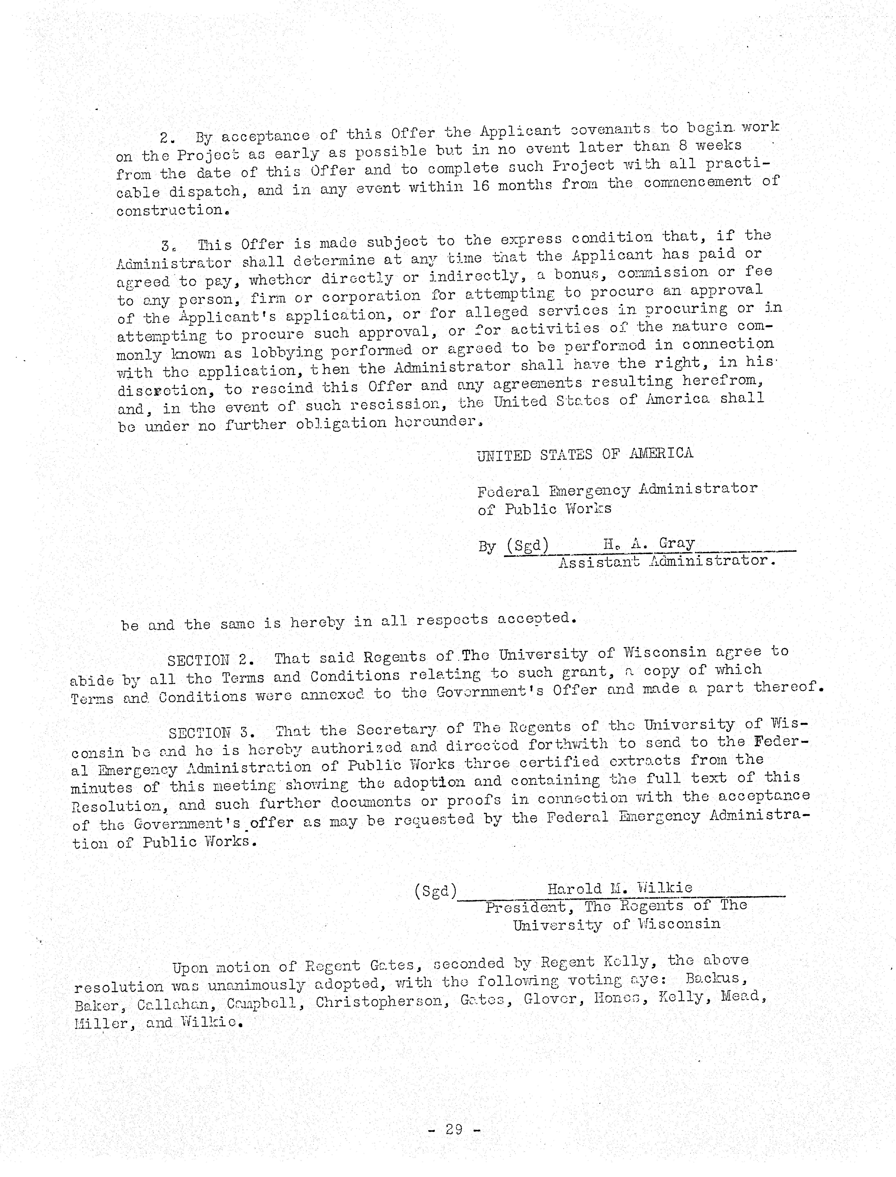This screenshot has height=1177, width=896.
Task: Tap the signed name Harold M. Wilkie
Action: [x=620, y=888]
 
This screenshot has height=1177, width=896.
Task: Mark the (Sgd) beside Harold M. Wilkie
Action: [x=435, y=891]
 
